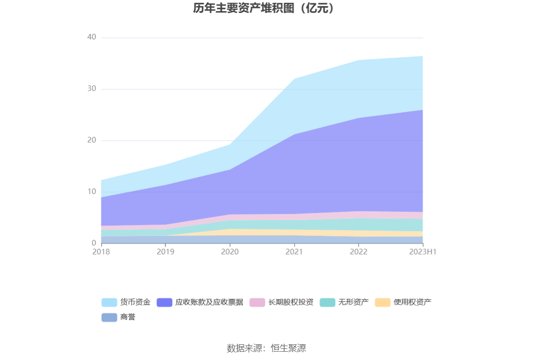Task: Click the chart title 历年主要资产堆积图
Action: (x=243, y=8)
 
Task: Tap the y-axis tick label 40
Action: (x=91, y=37)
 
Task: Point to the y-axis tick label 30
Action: (x=91, y=89)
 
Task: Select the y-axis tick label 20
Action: (x=91, y=140)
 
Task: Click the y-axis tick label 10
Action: (x=91, y=192)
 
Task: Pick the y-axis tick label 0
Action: (x=94, y=243)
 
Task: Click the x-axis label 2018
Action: (x=101, y=252)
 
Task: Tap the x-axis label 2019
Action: (x=165, y=252)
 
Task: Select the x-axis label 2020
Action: (x=230, y=252)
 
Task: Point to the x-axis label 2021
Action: (x=294, y=252)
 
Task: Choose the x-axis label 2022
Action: (x=358, y=252)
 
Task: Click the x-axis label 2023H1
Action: (x=423, y=252)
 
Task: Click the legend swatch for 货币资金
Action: (x=109, y=302)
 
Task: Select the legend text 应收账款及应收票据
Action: (x=209, y=302)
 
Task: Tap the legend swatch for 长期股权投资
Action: (x=257, y=302)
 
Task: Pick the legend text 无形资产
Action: (x=353, y=302)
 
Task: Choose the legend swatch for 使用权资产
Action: (x=383, y=302)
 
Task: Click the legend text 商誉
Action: (x=128, y=318)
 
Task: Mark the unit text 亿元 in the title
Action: (x=318, y=8)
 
